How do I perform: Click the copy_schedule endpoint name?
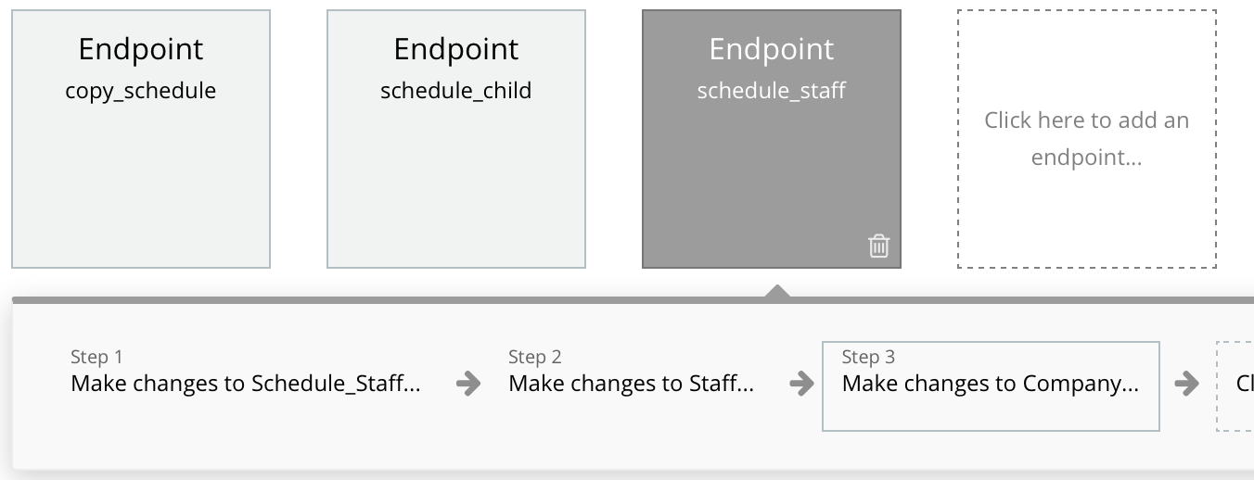[x=140, y=91]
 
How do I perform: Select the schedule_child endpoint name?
[x=455, y=91]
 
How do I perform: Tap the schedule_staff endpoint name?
[x=772, y=91]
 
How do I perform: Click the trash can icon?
[x=879, y=246]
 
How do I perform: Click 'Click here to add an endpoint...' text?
[x=1087, y=139]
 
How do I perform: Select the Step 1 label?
[x=96, y=357]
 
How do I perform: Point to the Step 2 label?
[x=534, y=357]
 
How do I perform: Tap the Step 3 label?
[x=868, y=357]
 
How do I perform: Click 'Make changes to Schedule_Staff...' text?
[x=245, y=384]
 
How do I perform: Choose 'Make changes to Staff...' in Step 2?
[x=631, y=384]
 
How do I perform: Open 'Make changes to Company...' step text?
[x=991, y=384]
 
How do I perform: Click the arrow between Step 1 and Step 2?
[x=468, y=384]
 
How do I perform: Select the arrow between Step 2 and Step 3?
[x=802, y=384]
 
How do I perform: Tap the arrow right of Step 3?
[x=1187, y=384]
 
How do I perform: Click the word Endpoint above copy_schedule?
[x=140, y=50]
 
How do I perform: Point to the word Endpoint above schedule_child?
[x=455, y=50]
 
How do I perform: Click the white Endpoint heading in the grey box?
[x=772, y=50]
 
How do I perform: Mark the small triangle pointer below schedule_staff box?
[x=777, y=292]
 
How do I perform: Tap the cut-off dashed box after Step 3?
[x=1235, y=386]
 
